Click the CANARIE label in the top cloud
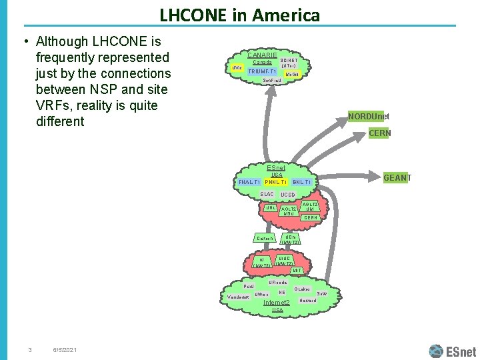(262, 54)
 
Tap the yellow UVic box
(235, 68)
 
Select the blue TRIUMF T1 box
(262, 71)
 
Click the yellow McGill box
(292, 74)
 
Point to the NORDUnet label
(369, 117)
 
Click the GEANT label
(397, 178)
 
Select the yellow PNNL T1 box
(275, 182)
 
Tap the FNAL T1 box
(249, 182)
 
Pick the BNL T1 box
(302, 182)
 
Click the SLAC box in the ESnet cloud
(266, 194)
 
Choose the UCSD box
(288, 195)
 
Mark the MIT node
(297, 270)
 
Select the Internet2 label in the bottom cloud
(277, 303)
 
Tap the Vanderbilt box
(238, 297)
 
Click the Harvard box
(308, 301)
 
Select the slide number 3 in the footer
(30, 351)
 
